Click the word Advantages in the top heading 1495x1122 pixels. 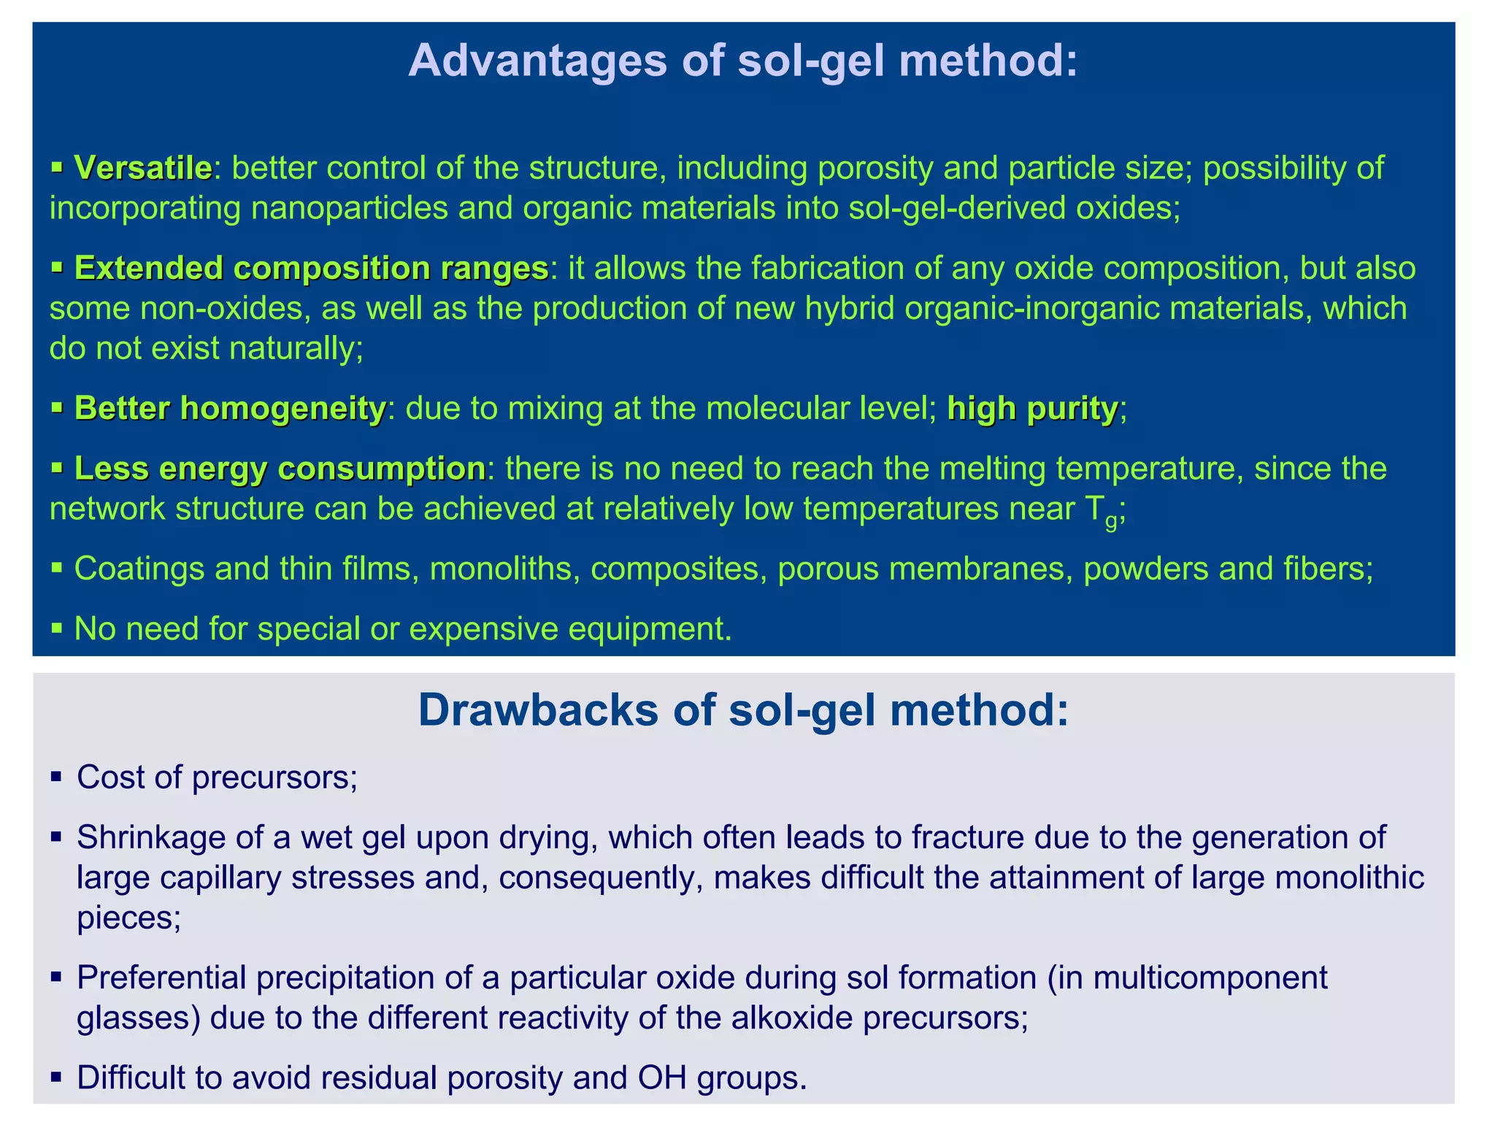[x=537, y=60]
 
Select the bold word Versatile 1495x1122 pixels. [x=143, y=168]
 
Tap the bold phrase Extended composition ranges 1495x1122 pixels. [x=311, y=269]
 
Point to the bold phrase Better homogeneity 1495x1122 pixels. [x=229, y=408]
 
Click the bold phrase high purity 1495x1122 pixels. [x=1032, y=408]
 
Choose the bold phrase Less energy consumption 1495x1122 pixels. [x=280, y=469]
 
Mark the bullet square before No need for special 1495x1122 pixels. [x=56, y=628]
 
